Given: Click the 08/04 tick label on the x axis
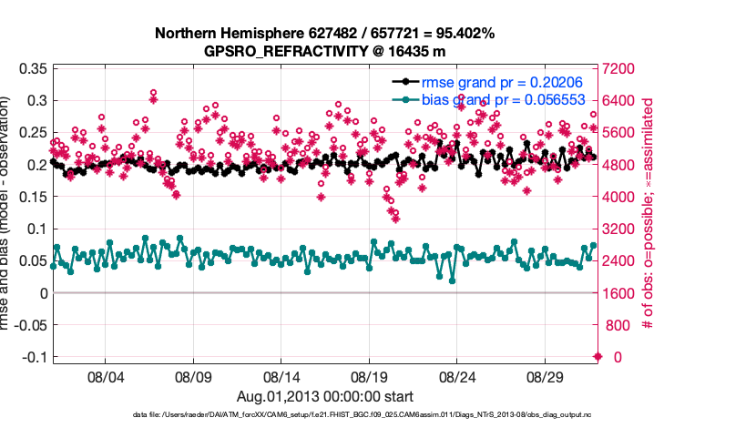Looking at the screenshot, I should coord(105,375).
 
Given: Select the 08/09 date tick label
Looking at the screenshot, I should coord(193,375).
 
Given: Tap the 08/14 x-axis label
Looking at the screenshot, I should coord(281,375).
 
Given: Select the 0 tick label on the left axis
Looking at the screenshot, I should coord(42,293).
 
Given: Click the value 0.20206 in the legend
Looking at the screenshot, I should coord(557,83).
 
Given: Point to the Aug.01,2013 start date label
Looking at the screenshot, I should coord(325,396).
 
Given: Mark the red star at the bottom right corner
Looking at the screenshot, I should coord(598,357).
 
